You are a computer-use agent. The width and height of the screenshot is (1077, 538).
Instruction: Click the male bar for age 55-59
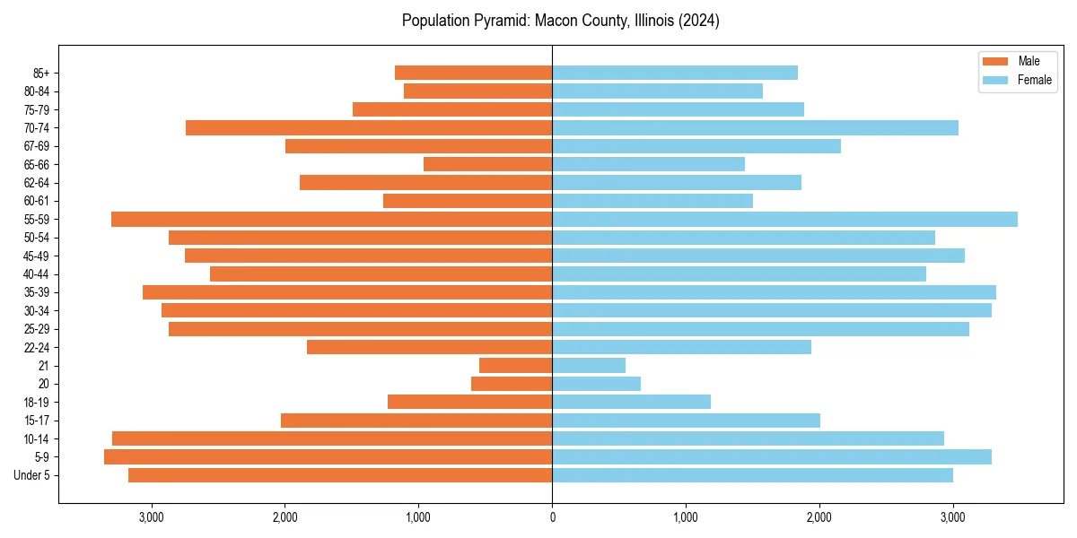point(331,219)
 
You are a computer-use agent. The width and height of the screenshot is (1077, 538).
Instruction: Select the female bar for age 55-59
point(784,219)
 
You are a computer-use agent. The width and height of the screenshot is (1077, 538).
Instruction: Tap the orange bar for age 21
point(515,365)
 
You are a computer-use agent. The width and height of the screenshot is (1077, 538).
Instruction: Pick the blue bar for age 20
point(596,384)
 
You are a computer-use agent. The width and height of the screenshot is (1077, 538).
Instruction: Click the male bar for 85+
point(473,73)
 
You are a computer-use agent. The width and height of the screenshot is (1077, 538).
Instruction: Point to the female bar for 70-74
point(755,127)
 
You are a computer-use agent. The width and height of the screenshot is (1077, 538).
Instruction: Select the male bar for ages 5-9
point(328,456)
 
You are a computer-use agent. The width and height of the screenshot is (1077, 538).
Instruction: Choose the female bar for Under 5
point(752,475)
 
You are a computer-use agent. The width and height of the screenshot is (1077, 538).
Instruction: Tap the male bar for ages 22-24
point(429,347)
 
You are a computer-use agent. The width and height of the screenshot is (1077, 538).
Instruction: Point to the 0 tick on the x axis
point(552,517)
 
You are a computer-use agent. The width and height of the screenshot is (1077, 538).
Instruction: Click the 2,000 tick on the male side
point(285,517)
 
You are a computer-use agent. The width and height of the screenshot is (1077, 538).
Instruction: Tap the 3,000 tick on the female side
point(953,517)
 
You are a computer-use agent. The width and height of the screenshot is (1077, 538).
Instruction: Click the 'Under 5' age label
point(31,475)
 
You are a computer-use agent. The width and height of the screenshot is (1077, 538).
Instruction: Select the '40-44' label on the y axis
point(36,273)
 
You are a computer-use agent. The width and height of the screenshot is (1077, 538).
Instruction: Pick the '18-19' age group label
point(36,402)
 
